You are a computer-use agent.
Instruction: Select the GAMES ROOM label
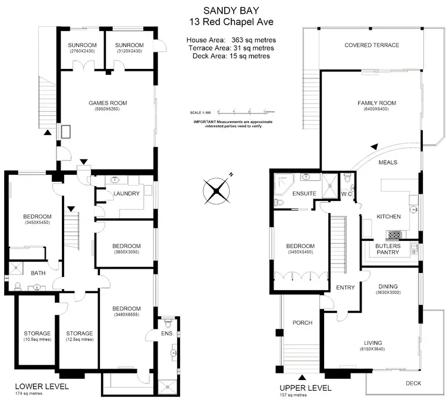[108, 103]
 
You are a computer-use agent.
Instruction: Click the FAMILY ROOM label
[376, 103]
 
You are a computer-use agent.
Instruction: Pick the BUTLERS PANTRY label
[388, 249]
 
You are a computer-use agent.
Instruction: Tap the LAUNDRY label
[126, 193]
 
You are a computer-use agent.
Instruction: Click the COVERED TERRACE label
[372, 45]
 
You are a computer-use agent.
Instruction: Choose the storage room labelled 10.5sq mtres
[37, 336]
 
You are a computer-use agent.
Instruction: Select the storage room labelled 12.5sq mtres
[79, 336]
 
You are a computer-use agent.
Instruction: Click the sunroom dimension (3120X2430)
[130, 51]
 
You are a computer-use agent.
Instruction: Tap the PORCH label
[303, 323]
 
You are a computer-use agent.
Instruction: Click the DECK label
[413, 383]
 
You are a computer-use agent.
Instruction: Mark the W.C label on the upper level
[347, 194]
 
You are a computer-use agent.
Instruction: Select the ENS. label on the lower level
[167, 334]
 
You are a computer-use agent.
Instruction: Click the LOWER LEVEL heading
[41, 386]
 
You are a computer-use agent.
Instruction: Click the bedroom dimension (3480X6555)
[126, 315]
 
